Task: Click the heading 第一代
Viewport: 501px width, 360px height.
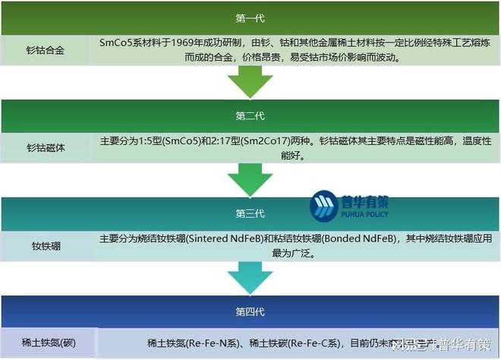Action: coord(250,17)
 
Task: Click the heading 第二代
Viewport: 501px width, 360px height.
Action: coord(250,115)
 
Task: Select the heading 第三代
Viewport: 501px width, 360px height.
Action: coord(250,214)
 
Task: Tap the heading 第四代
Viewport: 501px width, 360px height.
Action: coord(250,312)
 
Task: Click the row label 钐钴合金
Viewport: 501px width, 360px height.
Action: coord(46,49)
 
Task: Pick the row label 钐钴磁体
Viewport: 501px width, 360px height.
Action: coord(46,148)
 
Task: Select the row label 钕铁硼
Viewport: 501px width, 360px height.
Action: coord(46,246)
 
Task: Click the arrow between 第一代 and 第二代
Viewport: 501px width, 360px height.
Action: coord(250,81)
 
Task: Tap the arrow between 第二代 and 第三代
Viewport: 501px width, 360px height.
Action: coord(250,180)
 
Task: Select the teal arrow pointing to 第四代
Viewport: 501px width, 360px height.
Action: coord(250,277)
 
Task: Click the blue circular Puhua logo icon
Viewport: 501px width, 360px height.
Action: coord(324,207)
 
